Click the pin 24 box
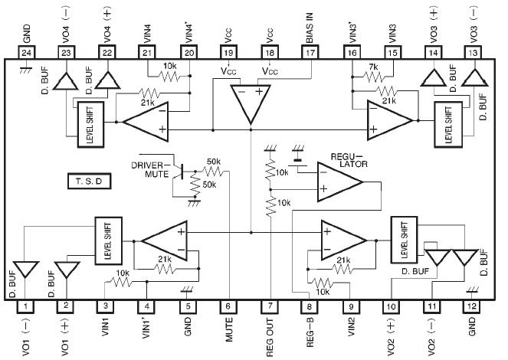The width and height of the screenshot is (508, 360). (x=27, y=51)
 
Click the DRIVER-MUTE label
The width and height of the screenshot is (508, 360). (x=151, y=169)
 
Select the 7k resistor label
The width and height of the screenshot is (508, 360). (x=373, y=67)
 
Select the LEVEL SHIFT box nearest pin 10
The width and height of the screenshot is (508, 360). (x=404, y=239)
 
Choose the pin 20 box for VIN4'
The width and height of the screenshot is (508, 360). (x=189, y=51)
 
